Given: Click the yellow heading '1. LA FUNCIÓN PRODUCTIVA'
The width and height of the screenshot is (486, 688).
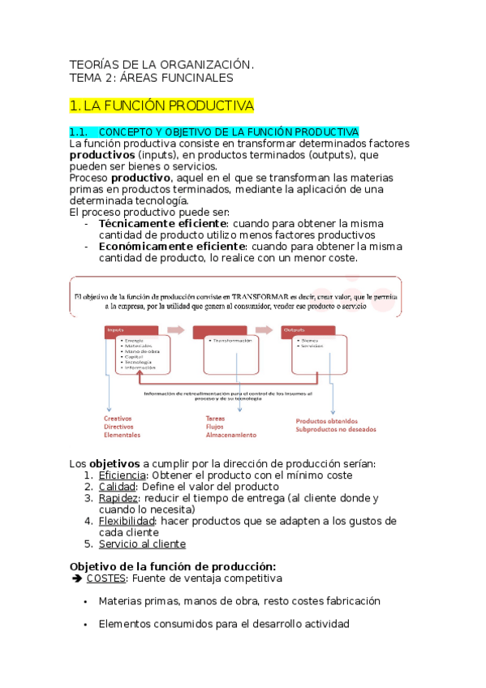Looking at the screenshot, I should pyautogui.click(x=162, y=105).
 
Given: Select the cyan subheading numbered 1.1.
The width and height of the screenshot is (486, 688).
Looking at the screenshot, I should pyautogui.click(x=214, y=131).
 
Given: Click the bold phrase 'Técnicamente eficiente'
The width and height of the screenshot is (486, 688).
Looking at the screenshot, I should pyautogui.click(x=162, y=223).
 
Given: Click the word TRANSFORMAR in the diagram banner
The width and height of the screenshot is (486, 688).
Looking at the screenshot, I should pyautogui.click(x=252, y=298).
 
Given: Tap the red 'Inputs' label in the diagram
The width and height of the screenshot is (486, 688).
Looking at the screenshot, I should pyautogui.click(x=115, y=329).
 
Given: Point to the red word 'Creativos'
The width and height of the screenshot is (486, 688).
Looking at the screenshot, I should pyautogui.click(x=119, y=419).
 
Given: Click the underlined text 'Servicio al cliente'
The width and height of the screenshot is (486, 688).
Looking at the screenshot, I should pyautogui.click(x=142, y=544).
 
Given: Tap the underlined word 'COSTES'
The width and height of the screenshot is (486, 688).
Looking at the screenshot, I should pyautogui.click(x=105, y=578).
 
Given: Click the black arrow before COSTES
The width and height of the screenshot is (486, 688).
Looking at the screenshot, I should pyautogui.click(x=77, y=578).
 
